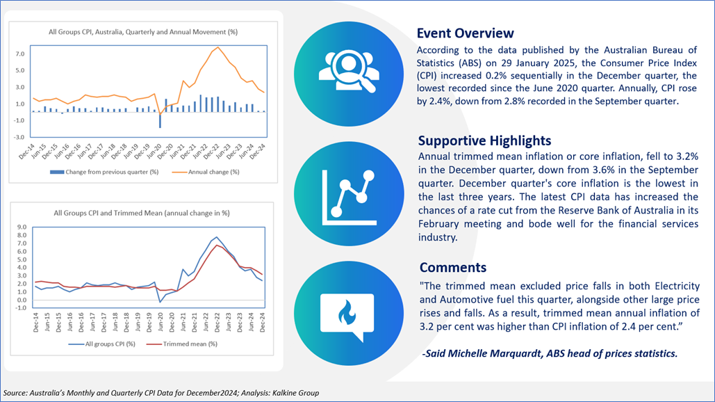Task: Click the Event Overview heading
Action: tap(465, 33)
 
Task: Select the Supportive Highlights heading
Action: tap(485, 140)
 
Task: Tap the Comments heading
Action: tap(453, 267)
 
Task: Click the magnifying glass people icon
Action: tap(349, 72)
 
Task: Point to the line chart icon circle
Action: tap(349, 193)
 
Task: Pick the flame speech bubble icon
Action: tap(347, 316)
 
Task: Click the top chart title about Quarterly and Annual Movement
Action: tap(143, 32)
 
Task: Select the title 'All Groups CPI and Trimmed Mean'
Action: tap(142, 213)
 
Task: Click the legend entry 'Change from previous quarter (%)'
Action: tap(104, 172)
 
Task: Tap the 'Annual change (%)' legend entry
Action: tap(206, 172)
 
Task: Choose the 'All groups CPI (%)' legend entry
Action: tap(101, 344)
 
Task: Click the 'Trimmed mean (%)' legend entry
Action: tap(181, 344)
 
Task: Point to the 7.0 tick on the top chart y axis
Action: tap(19, 54)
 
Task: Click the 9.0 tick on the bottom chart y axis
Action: tap(22, 227)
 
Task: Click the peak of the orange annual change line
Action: tap(218, 47)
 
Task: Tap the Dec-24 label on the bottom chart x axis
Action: tap(263, 322)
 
